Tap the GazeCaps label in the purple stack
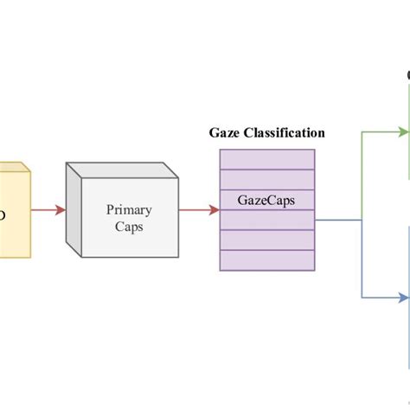pos(267,199)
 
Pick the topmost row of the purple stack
pos(267,159)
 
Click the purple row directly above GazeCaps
pos(267,179)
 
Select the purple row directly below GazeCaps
pos(267,220)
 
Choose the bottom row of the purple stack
pos(267,259)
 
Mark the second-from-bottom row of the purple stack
pos(267,240)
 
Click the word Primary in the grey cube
pos(129,209)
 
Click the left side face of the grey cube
pos(74,212)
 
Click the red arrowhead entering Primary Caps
pos(61,210)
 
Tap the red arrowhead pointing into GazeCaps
pos(215,209)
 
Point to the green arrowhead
pos(404,132)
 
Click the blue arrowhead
pos(404,298)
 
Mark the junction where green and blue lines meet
pos(362,219)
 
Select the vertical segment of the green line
pos(362,173)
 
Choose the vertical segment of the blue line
pos(362,259)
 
